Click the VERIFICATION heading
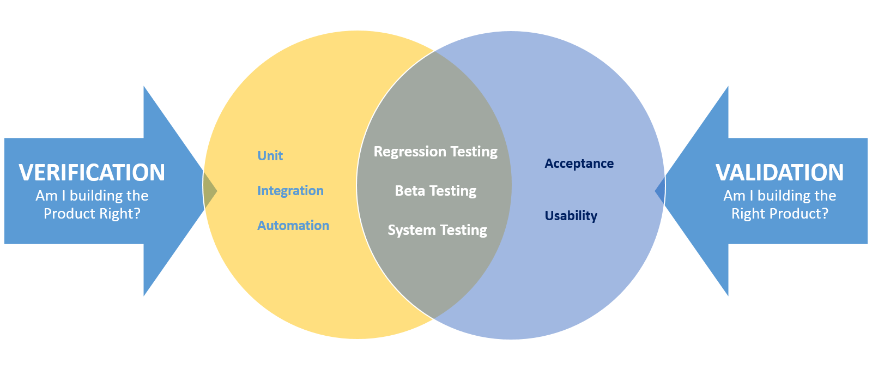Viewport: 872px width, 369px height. coord(92,172)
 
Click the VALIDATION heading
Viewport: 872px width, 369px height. coord(779,172)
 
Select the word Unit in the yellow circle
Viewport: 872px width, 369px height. coord(270,156)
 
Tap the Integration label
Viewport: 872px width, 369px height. coord(290,191)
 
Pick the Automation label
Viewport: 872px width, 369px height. coord(293,226)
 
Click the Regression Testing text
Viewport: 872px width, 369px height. coord(435,152)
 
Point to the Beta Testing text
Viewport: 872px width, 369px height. coord(435,191)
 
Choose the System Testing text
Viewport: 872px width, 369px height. coord(437,230)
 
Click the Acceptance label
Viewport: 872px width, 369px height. coord(579,164)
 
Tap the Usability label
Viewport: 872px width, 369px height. coord(571,216)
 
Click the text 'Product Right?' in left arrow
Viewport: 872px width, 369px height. coord(92,214)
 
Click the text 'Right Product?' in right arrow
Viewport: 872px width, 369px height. coord(779,214)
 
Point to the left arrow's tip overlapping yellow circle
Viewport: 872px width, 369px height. coord(210,190)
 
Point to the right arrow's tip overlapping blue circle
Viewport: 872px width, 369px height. coord(660,190)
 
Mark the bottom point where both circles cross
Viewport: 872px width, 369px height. coord(434,318)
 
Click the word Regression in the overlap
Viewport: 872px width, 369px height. coord(402,152)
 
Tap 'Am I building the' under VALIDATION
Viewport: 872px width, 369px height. coord(779,196)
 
